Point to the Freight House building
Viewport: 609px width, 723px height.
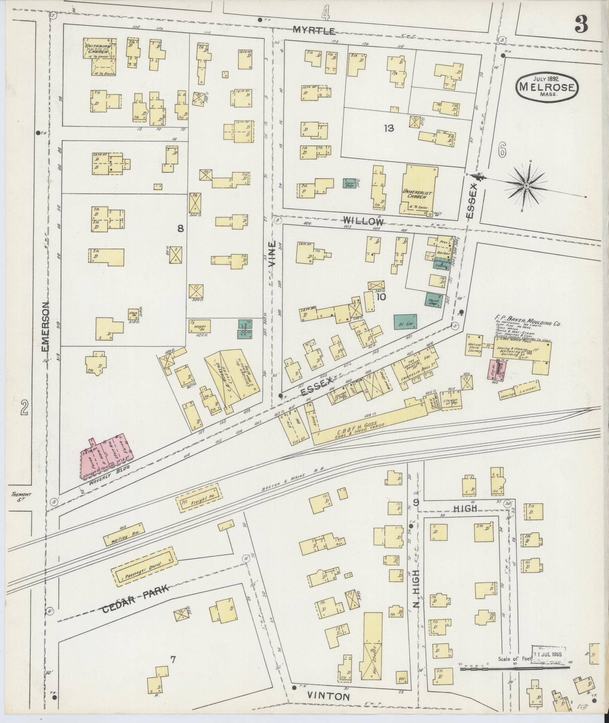pyautogui.click(x=198, y=498)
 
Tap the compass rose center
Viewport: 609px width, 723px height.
pyautogui.click(x=526, y=185)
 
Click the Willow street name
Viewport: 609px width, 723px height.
pyautogui.click(x=363, y=221)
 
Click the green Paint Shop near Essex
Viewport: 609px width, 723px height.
pyautogui.click(x=434, y=300)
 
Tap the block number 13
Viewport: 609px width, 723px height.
pyautogui.click(x=389, y=128)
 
